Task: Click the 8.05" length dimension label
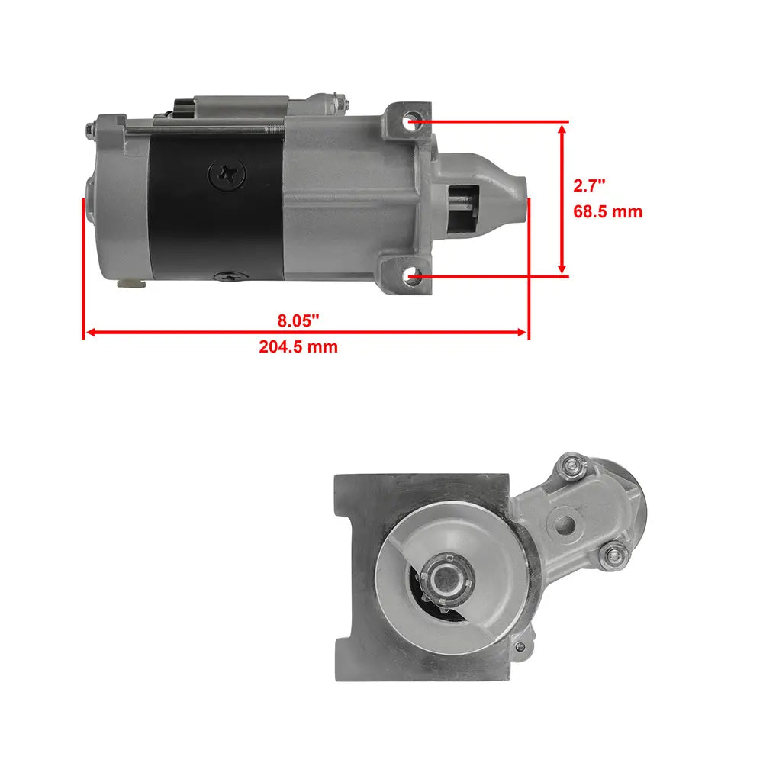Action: (298, 320)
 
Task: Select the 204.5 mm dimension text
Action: (298, 346)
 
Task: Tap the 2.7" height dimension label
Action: (589, 185)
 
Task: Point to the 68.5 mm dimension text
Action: (608, 211)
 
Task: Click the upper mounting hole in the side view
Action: (413, 118)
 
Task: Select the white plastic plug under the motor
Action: (130, 284)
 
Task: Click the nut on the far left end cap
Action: (90, 130)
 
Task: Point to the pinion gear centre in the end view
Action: (446, 578)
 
